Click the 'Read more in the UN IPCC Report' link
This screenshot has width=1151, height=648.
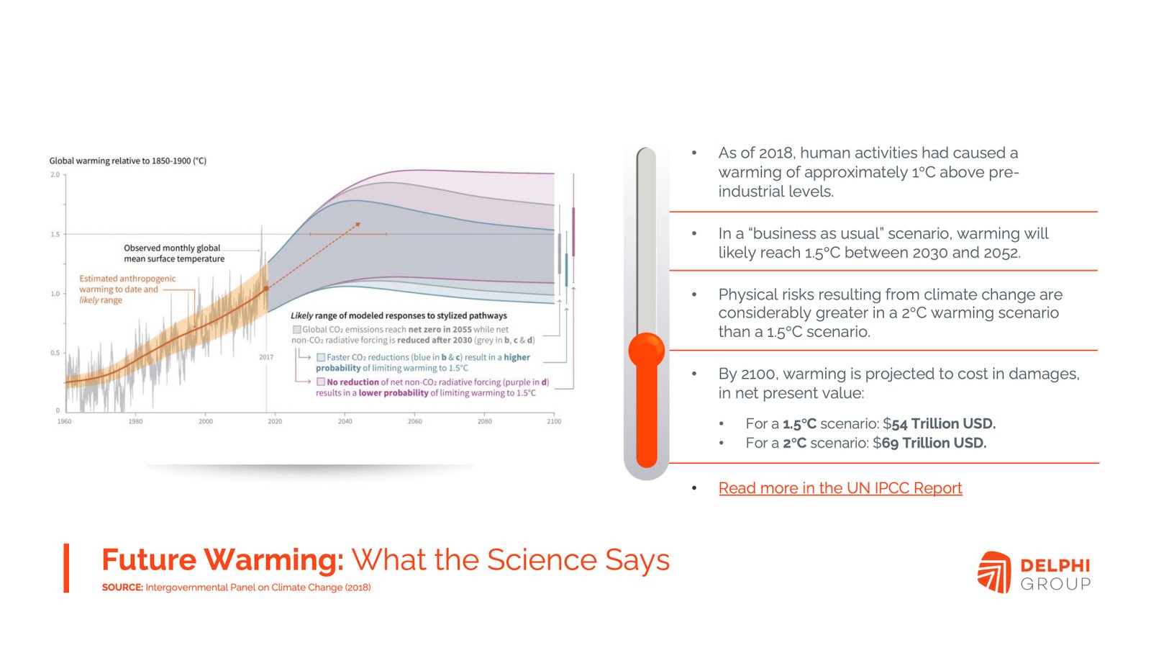[x=840, y=487]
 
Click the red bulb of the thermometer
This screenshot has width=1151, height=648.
[x=647, y=351]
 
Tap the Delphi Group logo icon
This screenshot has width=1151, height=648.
[x=994, y=572]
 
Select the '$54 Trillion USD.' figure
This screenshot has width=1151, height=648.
[x=940, y=424]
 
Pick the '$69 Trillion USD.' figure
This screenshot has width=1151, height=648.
[x=929, y=443]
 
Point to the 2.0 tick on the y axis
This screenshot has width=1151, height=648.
[x=55, y=175]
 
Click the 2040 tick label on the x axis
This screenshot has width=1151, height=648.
[x=345, y=421]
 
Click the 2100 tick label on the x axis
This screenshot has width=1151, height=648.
[x=554, y=421]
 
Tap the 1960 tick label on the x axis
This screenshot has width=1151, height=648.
[x=65, y=421]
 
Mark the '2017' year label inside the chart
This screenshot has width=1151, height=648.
[x=266, y=357]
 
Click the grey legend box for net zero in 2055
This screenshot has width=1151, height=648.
[x=296, y=329]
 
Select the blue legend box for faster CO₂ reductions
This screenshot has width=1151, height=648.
[x=321, y=357]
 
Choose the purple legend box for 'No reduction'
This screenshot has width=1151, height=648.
[x=321, y=382]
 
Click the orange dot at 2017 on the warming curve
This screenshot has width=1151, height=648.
[x=266, y=289]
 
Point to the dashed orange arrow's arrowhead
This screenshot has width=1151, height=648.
[x=358, y=225]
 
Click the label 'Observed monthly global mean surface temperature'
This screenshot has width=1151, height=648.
[x=173, y=253]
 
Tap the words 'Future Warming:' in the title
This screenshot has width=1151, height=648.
[x=222, y=559]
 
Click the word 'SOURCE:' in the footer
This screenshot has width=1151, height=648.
[x=122, y=588]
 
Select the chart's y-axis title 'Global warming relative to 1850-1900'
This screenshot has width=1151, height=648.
[x=128, y=161]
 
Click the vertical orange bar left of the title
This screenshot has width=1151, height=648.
[x=66, y=568]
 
